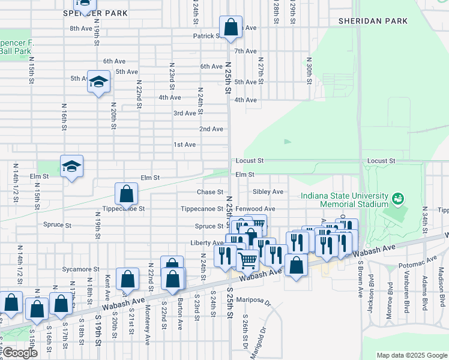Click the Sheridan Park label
[x=373, y=21]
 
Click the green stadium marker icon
[x=397, y=198]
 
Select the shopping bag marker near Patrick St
[x=231, y=28]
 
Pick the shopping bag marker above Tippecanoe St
[x=127, y=194]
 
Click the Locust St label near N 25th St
[x=250, y=161]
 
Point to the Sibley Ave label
[x=268, y=192]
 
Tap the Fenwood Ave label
[x=255, y=209]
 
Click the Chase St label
[x=210, y=193]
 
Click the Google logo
[x=20, y=353]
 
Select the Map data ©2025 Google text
[x=411, y=355]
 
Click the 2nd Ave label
[x=211, y=129]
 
